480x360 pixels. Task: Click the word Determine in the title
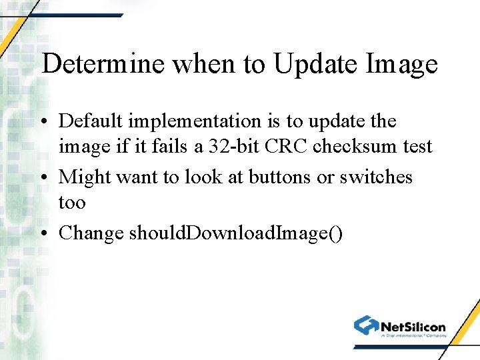click(x=103, y=64)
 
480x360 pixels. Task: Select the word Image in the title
click(x=401, y=64)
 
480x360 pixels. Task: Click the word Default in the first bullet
click(x=91, y=121)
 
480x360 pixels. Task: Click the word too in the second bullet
click(x=72, y=202)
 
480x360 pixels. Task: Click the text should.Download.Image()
click(x=236, y=233)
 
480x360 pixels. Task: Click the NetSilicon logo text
click(x=413, y=326)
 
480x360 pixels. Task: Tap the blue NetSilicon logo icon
click(x=366, y=325)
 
